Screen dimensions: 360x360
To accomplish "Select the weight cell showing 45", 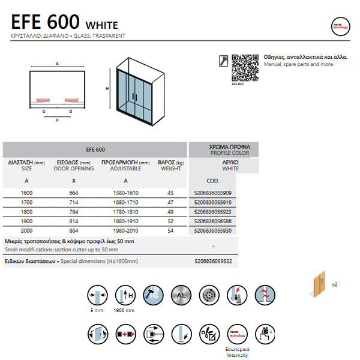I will [170, 193].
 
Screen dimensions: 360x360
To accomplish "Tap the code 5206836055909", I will [213, 193].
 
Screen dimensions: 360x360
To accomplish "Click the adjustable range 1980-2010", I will [125, 231].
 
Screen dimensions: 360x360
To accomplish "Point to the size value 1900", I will [27, 221].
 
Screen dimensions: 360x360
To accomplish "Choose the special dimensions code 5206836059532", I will [213, 262].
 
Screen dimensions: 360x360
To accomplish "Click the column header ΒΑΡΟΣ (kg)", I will [170, 162].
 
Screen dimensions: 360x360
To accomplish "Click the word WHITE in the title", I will [102, 25].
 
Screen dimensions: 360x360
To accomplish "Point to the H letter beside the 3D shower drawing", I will [107, 88].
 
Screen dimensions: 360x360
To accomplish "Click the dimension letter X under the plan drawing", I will [58, 120].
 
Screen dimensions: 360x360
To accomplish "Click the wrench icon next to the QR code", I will [223, 59].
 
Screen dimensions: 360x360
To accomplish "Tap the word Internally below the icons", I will [238, 355].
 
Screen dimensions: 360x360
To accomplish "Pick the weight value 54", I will [170, 231].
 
